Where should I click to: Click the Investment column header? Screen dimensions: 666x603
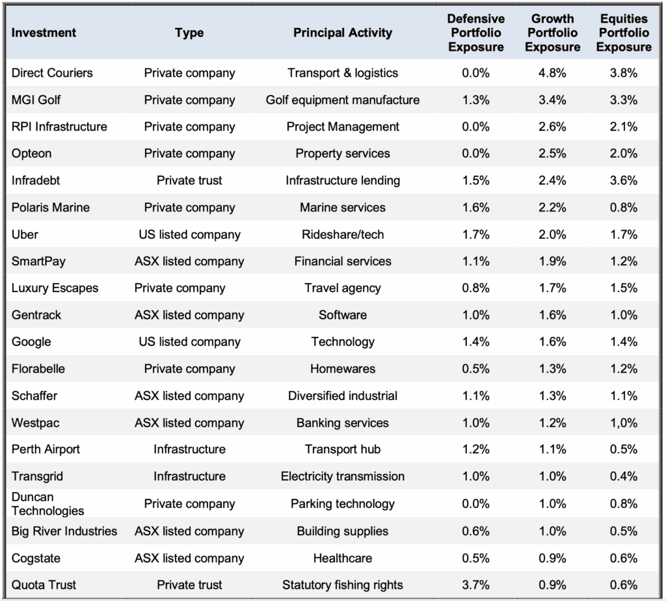coord(44,33)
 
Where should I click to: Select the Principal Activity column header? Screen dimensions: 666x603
coord(342,33)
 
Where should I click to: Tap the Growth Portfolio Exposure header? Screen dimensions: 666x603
coord(552,33)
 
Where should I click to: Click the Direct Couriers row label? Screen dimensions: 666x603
coord(52,73)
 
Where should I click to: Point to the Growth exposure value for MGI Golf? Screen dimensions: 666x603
coord(552,100)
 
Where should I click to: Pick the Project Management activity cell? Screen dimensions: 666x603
coord(342,127)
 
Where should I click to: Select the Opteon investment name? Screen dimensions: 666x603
coord(31,154)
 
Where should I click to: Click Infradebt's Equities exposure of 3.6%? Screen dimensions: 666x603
coord(624,180)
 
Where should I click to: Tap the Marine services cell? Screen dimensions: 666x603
coord(342,208)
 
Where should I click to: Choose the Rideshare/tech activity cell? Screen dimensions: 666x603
coord(342,234)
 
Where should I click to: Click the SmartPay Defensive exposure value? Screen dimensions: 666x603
coord(475,261)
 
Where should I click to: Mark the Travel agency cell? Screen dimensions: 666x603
coord(342,288)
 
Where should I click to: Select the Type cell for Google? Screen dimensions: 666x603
coord(189,342)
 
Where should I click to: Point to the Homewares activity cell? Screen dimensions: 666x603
coord(342,368)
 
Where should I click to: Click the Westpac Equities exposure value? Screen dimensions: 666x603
coord(624,423)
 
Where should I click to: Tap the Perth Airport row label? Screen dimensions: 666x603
coord(46,449)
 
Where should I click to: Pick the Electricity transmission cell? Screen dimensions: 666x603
coord(342,476)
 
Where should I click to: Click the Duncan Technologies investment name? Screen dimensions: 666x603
coord(47,503)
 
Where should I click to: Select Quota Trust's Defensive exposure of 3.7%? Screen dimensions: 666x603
coord(475,585)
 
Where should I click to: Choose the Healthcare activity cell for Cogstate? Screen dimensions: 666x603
coord(342,558)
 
